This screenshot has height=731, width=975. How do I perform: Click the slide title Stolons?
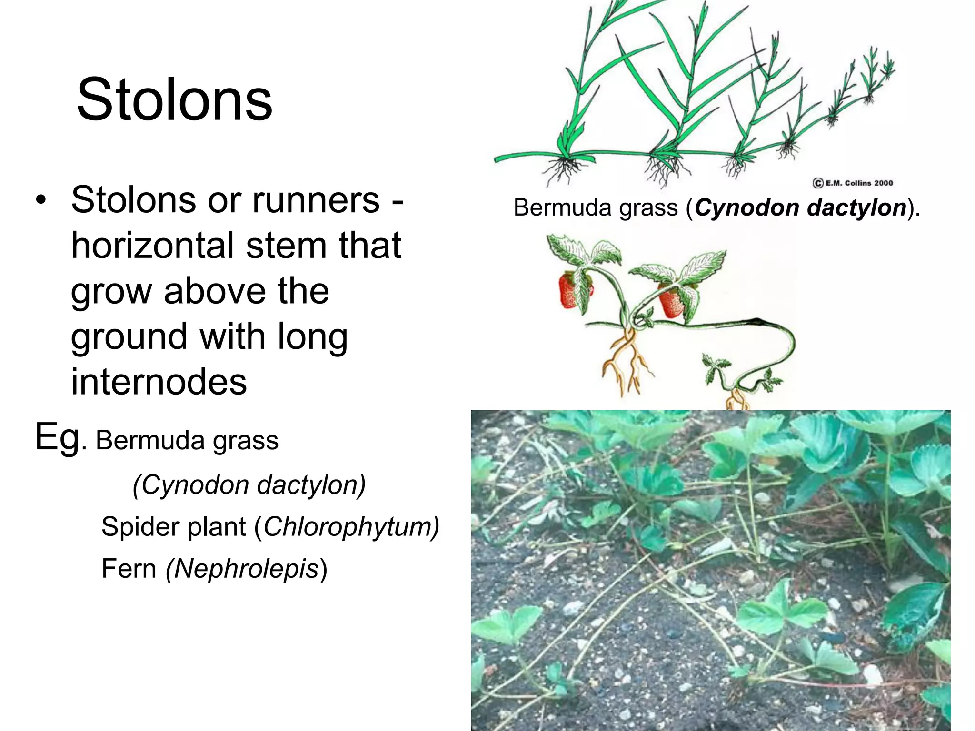[174, 100]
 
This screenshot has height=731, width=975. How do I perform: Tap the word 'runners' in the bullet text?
[316, 200]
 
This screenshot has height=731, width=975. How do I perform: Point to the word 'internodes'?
[159, 382]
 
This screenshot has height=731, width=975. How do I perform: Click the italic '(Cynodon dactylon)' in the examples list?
[249, 485]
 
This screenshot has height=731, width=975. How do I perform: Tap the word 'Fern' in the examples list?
[129, 569]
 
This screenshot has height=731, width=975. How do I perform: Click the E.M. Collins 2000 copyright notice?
[852, 183]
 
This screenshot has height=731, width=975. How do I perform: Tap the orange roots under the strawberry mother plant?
[624, 362]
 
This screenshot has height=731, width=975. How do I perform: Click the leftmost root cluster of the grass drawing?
[565, 171]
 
